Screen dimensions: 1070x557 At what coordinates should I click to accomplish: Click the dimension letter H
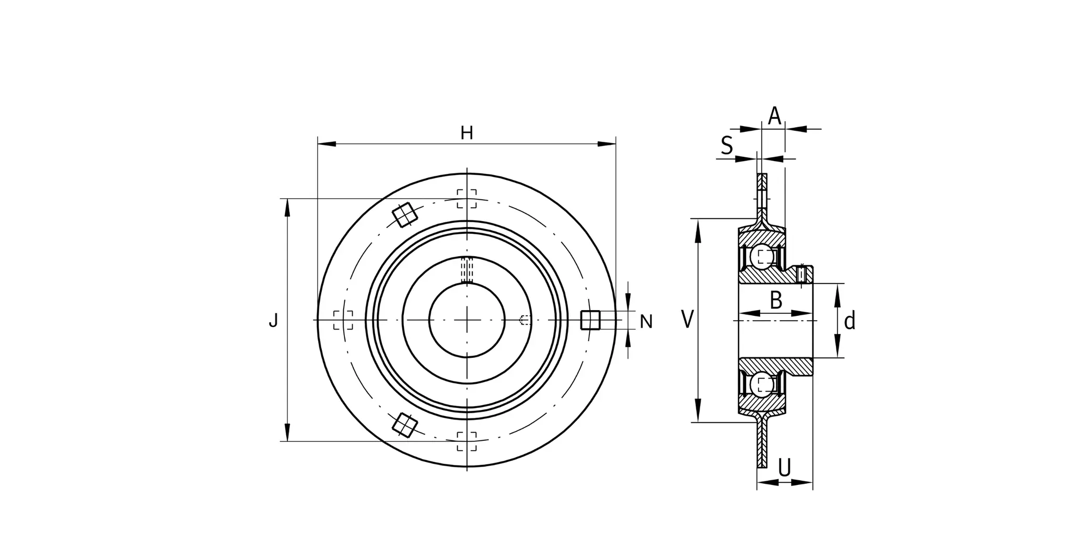pos(467,133)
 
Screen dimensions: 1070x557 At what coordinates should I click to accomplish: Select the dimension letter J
pos(273,320)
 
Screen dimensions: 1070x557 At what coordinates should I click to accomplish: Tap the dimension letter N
pos(646,322)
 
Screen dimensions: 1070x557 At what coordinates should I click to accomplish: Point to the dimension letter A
pos(774,116)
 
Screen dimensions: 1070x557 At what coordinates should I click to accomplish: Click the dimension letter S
pos(727,145)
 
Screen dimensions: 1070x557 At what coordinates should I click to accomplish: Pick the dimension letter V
pos(688,319)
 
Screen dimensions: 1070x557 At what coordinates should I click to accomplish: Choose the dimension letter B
pos(776,300)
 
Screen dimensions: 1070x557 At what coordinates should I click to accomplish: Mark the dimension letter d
pos(850,321)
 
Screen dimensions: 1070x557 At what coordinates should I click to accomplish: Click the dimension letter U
pos(785,468)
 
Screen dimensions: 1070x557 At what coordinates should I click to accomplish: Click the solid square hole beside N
pos(590,320)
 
